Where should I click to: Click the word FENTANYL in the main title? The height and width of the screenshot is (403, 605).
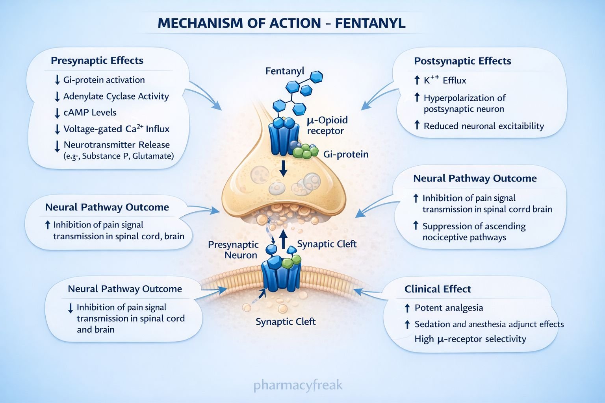pos(370,23)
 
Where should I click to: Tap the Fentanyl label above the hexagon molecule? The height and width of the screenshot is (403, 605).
pos(285,71)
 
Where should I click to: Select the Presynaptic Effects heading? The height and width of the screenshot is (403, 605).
pos(97,61)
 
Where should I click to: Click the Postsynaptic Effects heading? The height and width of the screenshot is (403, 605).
pos(462,61)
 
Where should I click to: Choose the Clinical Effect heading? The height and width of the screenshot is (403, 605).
pos(438,289)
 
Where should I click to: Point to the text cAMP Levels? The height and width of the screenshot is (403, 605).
pos(90,113)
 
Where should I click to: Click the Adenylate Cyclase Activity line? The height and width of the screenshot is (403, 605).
pos(116,96)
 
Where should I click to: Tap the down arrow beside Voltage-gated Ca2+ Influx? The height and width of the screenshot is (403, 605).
pos(57,129)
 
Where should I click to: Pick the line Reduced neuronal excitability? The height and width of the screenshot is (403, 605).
pos(484,126)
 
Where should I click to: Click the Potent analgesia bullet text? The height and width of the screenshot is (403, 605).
pos(449,308)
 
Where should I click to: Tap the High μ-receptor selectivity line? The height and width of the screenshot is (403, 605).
pos(470,339)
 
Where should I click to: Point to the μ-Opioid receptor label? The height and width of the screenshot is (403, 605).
pos(327,126)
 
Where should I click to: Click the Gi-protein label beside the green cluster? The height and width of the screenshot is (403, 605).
pos(346,154)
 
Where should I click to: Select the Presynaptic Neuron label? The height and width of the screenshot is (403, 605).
pos(233,250)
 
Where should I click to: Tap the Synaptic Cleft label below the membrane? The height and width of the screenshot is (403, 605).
pos(286,322)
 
